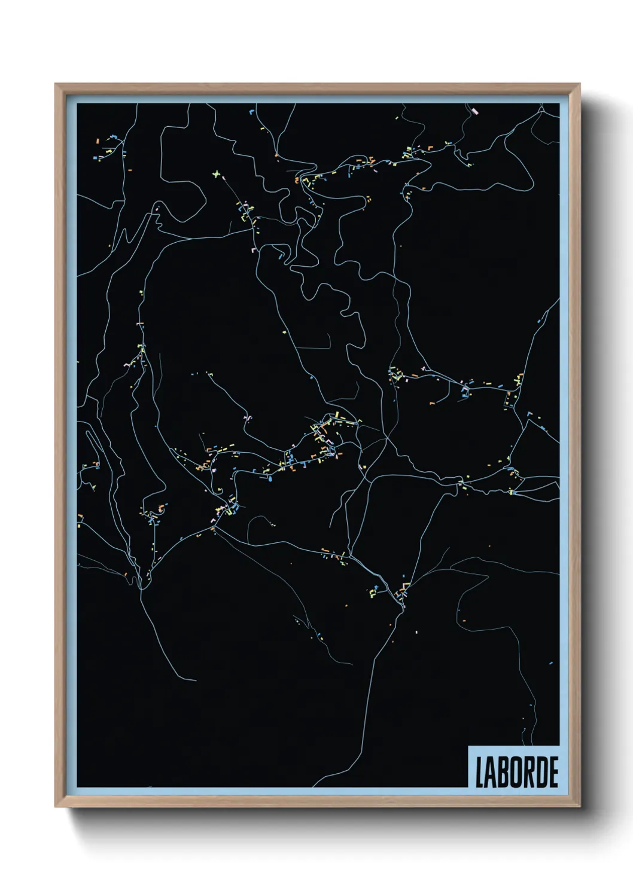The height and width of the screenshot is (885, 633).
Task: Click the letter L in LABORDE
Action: [x=480, y=772]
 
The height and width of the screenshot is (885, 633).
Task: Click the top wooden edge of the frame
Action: [x=317, y=89]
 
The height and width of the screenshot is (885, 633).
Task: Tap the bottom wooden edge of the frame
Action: [x=317, y=802]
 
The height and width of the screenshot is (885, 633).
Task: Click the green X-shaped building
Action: [x=217, y=174]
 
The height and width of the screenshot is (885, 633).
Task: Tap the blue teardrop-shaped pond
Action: [x=270, y=478]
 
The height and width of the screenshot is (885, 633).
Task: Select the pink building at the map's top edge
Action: [x=476, y=111]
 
